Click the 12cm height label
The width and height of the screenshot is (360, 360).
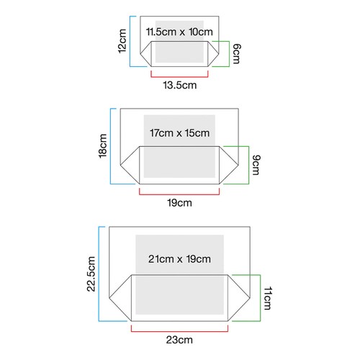(122, 41)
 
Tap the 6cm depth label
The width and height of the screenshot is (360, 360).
(236, 54)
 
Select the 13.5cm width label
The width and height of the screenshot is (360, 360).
(180, 85)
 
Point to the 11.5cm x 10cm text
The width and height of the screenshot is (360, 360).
(179, 32)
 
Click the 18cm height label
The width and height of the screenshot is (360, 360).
(103, 146)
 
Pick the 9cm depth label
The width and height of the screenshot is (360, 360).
(256, 165)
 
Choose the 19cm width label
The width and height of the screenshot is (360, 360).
(179, 203)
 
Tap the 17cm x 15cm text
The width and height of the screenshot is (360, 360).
(179, 133)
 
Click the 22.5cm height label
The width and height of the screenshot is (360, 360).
(91, 274)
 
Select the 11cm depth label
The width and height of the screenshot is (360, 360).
(268, 298)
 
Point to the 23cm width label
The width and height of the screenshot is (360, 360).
(179, 340)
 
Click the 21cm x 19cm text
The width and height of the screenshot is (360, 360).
(179, 259)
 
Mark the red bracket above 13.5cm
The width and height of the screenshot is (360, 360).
(179, 77)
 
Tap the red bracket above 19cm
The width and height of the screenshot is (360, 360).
(179, 194)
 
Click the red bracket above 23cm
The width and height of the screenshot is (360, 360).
(179, 331)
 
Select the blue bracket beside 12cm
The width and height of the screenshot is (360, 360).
(130, 41)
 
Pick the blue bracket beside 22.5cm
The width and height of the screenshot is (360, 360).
(99, 274)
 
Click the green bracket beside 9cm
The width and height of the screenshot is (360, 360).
(248, 165)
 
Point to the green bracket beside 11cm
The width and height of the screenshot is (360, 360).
(260, 298)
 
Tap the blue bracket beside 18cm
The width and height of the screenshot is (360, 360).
(110, 146)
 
